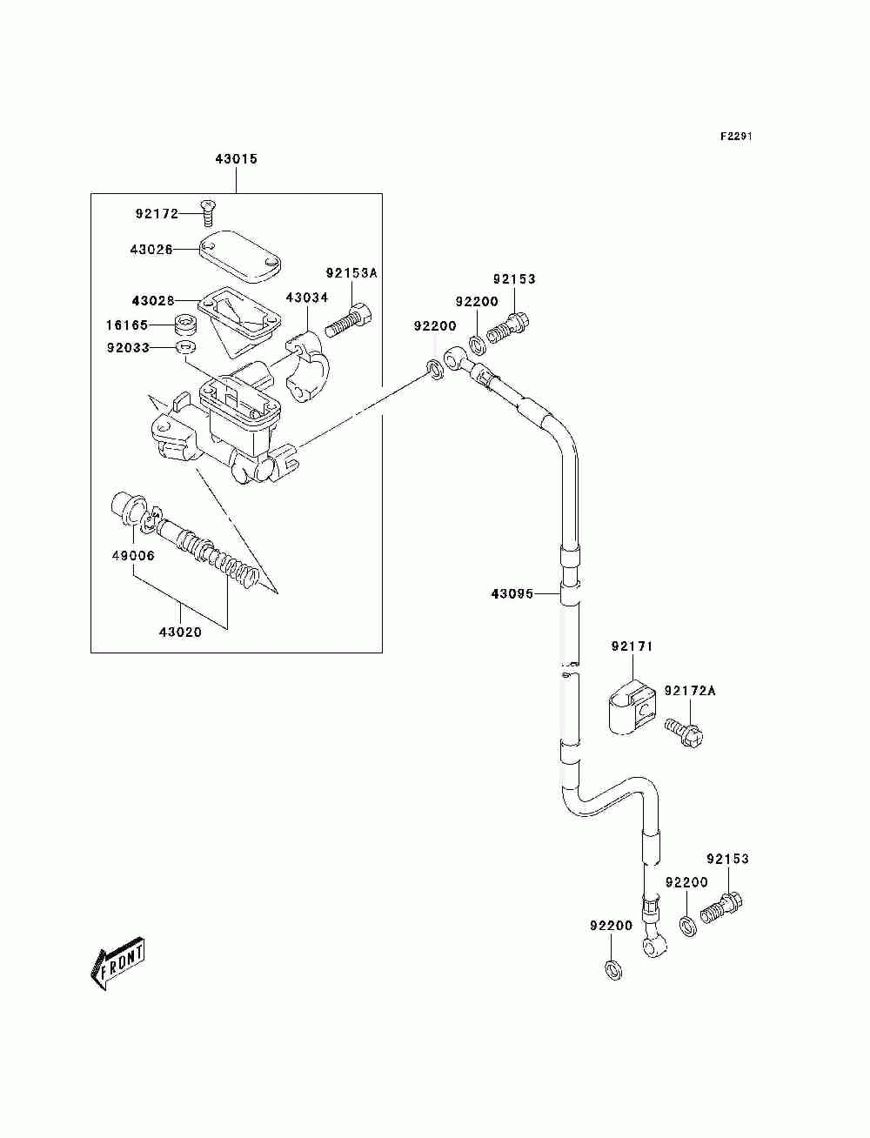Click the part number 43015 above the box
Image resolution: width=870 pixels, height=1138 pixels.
[236, 158]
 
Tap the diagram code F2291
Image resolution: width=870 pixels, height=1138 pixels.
[736, 137]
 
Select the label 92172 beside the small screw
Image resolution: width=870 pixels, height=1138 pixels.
[157, 214]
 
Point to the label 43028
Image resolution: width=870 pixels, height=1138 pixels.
[152, 301]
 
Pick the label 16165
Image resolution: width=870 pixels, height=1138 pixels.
[127, 325]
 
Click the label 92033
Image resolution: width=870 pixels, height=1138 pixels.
[128, 347]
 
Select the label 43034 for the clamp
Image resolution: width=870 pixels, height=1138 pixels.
[307, 298]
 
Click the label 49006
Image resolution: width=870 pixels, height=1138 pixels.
[133, 556]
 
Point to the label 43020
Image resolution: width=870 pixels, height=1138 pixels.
[180, 633]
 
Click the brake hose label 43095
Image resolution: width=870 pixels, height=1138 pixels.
[512, 593]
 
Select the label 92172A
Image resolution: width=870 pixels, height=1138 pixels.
[690, 691]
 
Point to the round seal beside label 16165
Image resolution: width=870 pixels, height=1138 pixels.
[184, 325]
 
